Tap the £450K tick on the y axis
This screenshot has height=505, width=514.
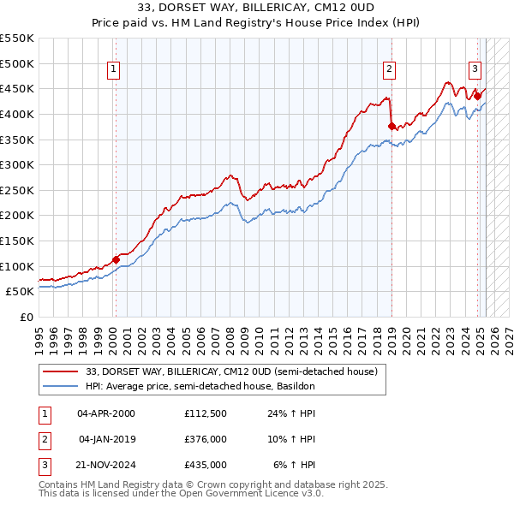pos(16,88)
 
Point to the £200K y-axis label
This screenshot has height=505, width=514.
pos(16,215)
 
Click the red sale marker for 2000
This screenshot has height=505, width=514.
pos(116,259)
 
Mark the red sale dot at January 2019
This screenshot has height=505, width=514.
pos(391,126)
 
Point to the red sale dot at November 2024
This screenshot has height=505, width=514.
pos(478,97)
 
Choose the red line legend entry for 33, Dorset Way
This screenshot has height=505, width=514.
pos(232,371)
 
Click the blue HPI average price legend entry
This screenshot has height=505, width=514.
pos(200,386)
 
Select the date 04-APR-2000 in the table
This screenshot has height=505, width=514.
pos(106,413)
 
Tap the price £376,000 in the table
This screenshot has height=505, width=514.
pos(206,439)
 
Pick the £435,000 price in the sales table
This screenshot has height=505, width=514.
pos(206,465)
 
